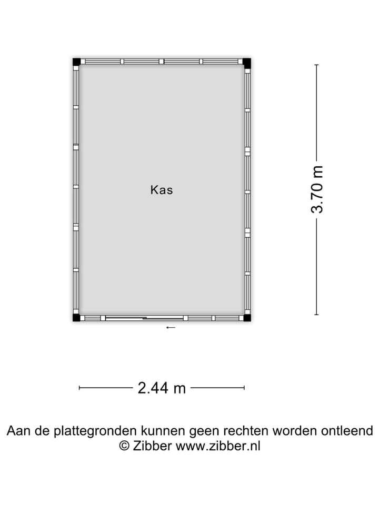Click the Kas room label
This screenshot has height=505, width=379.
(x=162, y=190)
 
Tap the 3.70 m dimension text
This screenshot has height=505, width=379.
(x=317, y=189)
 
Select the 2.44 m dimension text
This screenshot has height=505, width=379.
(x=162, y=388)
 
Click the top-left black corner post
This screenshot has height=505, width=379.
(x=76, y=62)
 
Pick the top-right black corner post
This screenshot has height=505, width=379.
(x=247, y=62)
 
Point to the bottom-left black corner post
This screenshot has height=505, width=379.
(x=76, y=317)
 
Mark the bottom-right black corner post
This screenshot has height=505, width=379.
(x=247, y=317)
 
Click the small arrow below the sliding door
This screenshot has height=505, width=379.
(x=171, y=328)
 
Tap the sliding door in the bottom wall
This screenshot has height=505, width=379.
(x=145, y=318)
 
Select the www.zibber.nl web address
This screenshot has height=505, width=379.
(x=217, y=446)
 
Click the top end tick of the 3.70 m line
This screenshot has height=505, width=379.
(x=316, y=65)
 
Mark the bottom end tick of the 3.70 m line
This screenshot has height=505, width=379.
(x=316, y=315)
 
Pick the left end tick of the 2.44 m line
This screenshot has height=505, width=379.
(x=79, y=388)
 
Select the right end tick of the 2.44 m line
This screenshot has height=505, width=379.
(x=244, y=388)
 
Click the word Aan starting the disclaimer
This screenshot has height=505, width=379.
(x=17, y=431)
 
